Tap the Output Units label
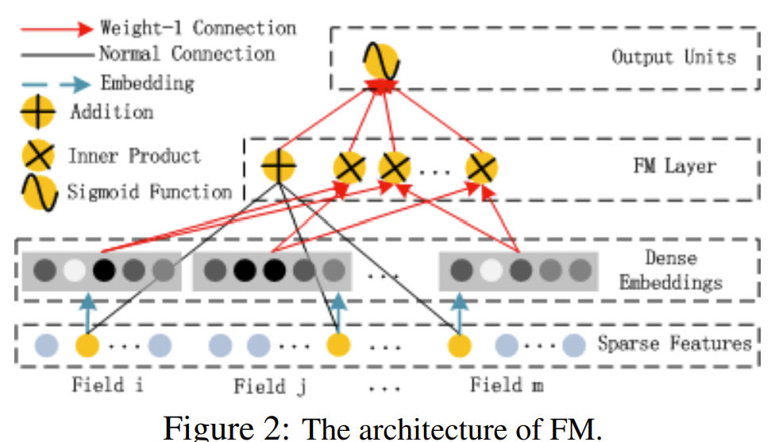(x=673, y=56)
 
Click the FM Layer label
(x=674, y=166)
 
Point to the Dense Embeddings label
(x=671, y=270)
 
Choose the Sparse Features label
(x=673, y=343)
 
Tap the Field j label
(x=271, y=386)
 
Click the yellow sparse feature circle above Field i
(x=87, y=346)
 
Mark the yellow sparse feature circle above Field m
(x=460, y=346)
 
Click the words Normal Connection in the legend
(x=187, y=54)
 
